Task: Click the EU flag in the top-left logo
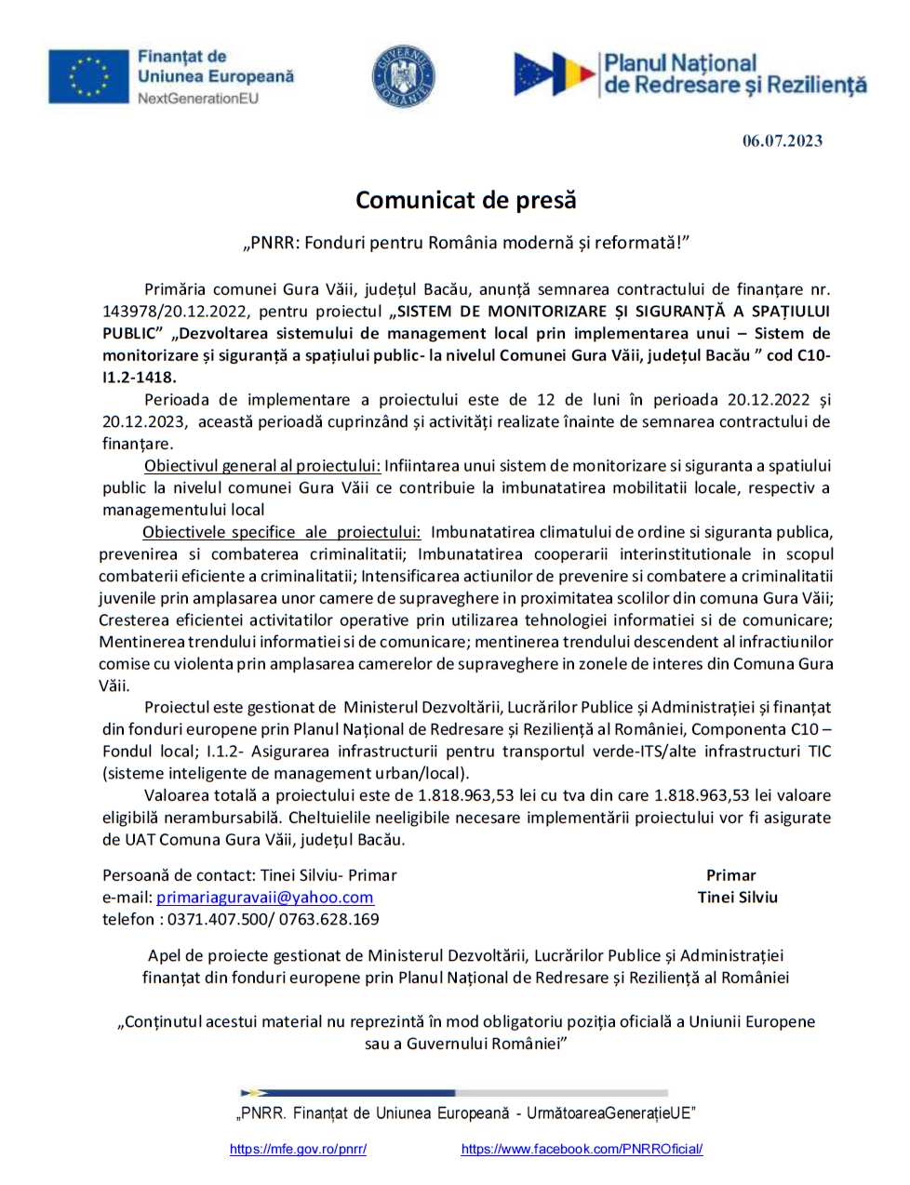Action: pyautogui.click(x=88, y=76)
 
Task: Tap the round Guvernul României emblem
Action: pyautogui.click(x=403, y=76)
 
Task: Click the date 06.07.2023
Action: pyautogui.click(x=782, y=141)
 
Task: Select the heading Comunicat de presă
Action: pyautogui.click(x=465, y=200)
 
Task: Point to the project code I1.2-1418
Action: pyautogui.click(x=139, y=378)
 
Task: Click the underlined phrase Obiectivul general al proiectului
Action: pyautogui.click(x=261, y=466)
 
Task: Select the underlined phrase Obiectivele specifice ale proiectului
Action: pyautogui.click(x=281, y=532)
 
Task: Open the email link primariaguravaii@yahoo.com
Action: pyautogui.click(x=264, y=898)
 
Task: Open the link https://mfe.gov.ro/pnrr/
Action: pyautogui.click(x=298, y=1150)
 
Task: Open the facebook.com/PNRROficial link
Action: pyautogui.click(x=582, y=1150)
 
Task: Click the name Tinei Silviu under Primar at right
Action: pyautogui.click(x=737, y=898)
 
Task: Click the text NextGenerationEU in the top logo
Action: pyautogui.click(x=198, y=99)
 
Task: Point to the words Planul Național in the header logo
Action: pyautogui.click(x=680, y=64)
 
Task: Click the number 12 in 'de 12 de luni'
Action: pyautogui.click(x=546, y=400)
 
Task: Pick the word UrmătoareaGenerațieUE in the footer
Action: pyautogui.click(x=610, y=1113)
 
